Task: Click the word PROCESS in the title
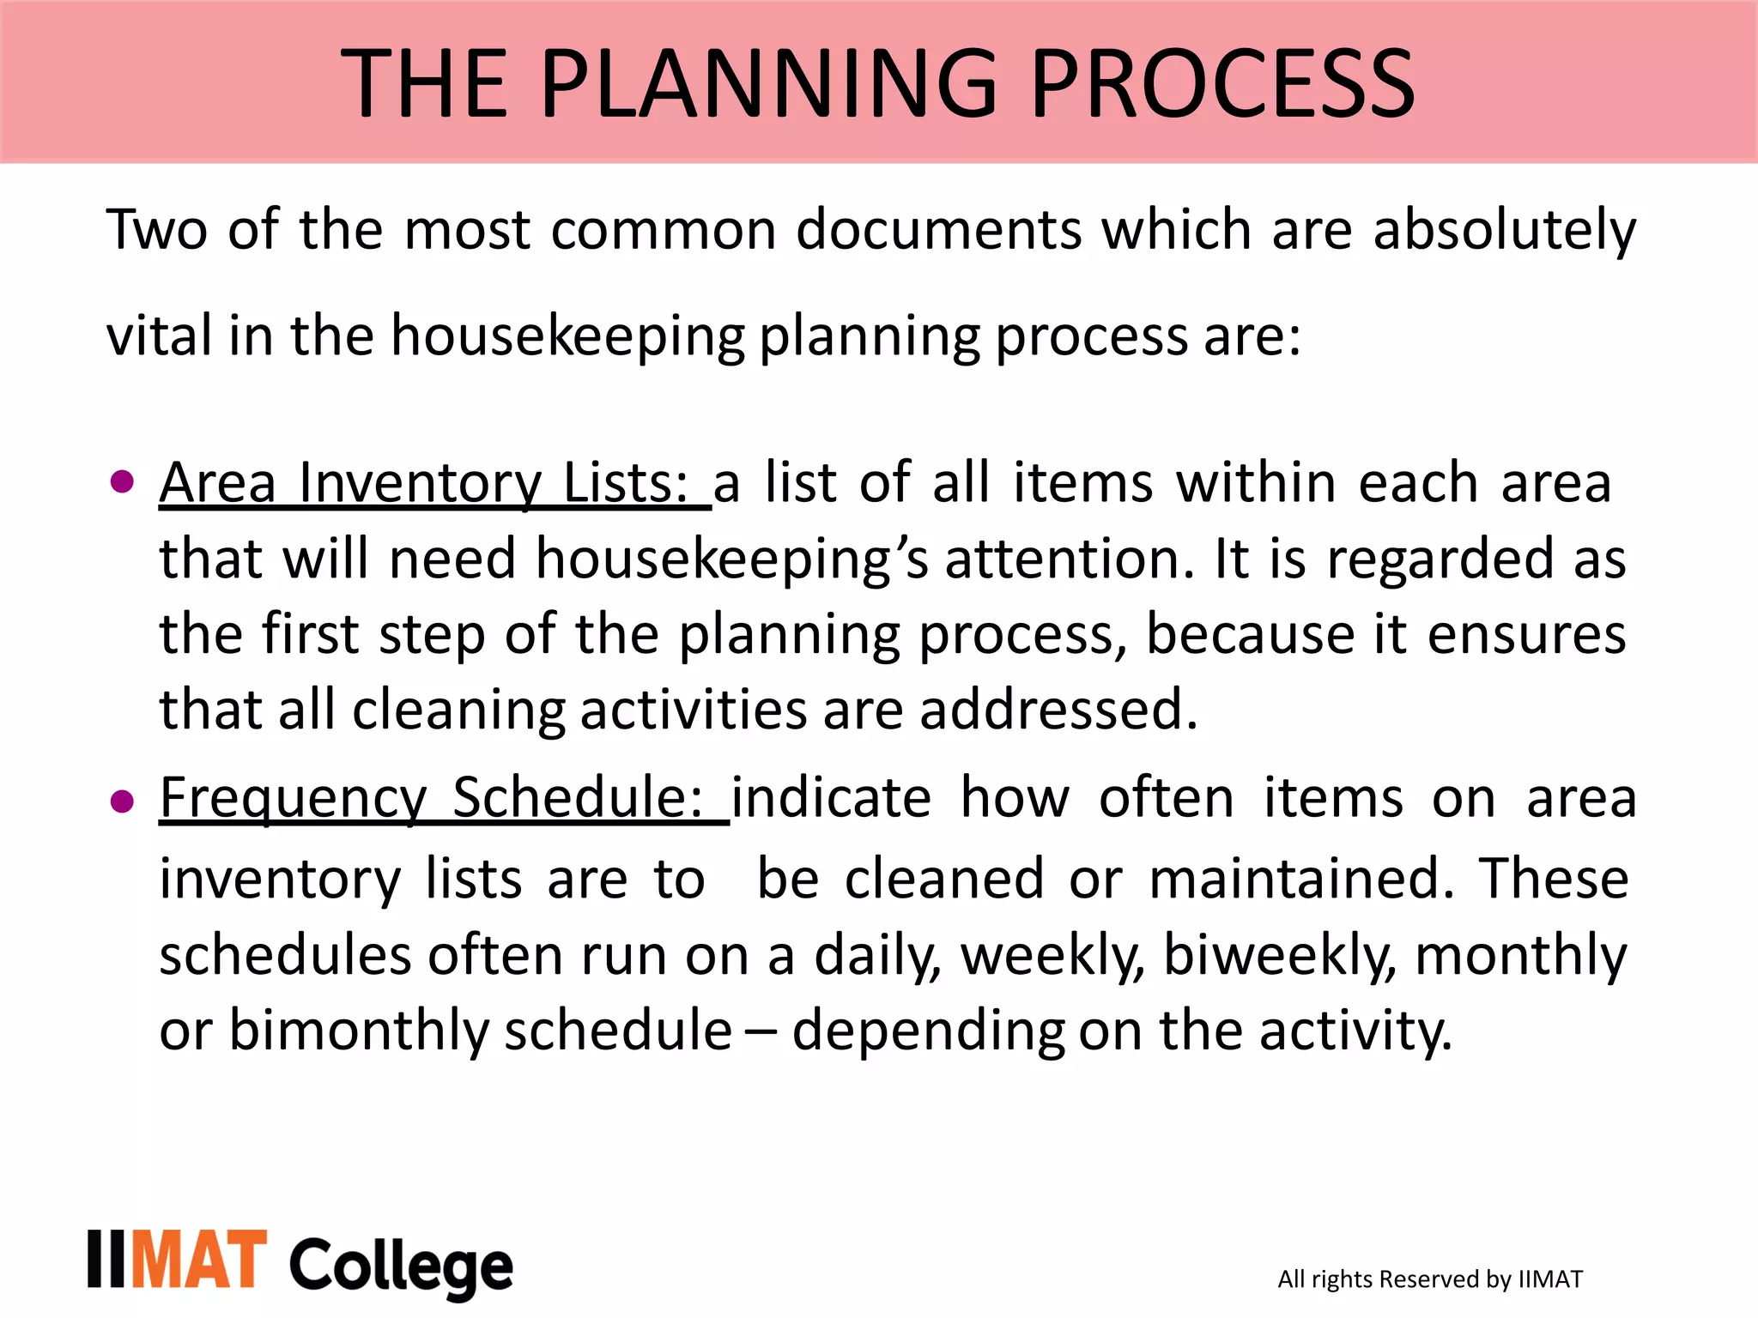(x=1222, y=83)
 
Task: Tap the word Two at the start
(x=157, y=230)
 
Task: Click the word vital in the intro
(x=159, y=336)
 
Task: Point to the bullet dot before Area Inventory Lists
(x=123, y=481)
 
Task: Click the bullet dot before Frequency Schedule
(x=123, y=801)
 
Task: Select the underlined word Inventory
(x=420, y=483)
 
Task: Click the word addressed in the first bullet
(x=1058, y=710)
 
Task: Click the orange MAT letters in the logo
(x=198, y=1260)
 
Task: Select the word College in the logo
(x=401, y=1267)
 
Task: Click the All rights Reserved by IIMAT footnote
(x=1429, y=1279)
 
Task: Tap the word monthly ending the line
(x=1520, y=956)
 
